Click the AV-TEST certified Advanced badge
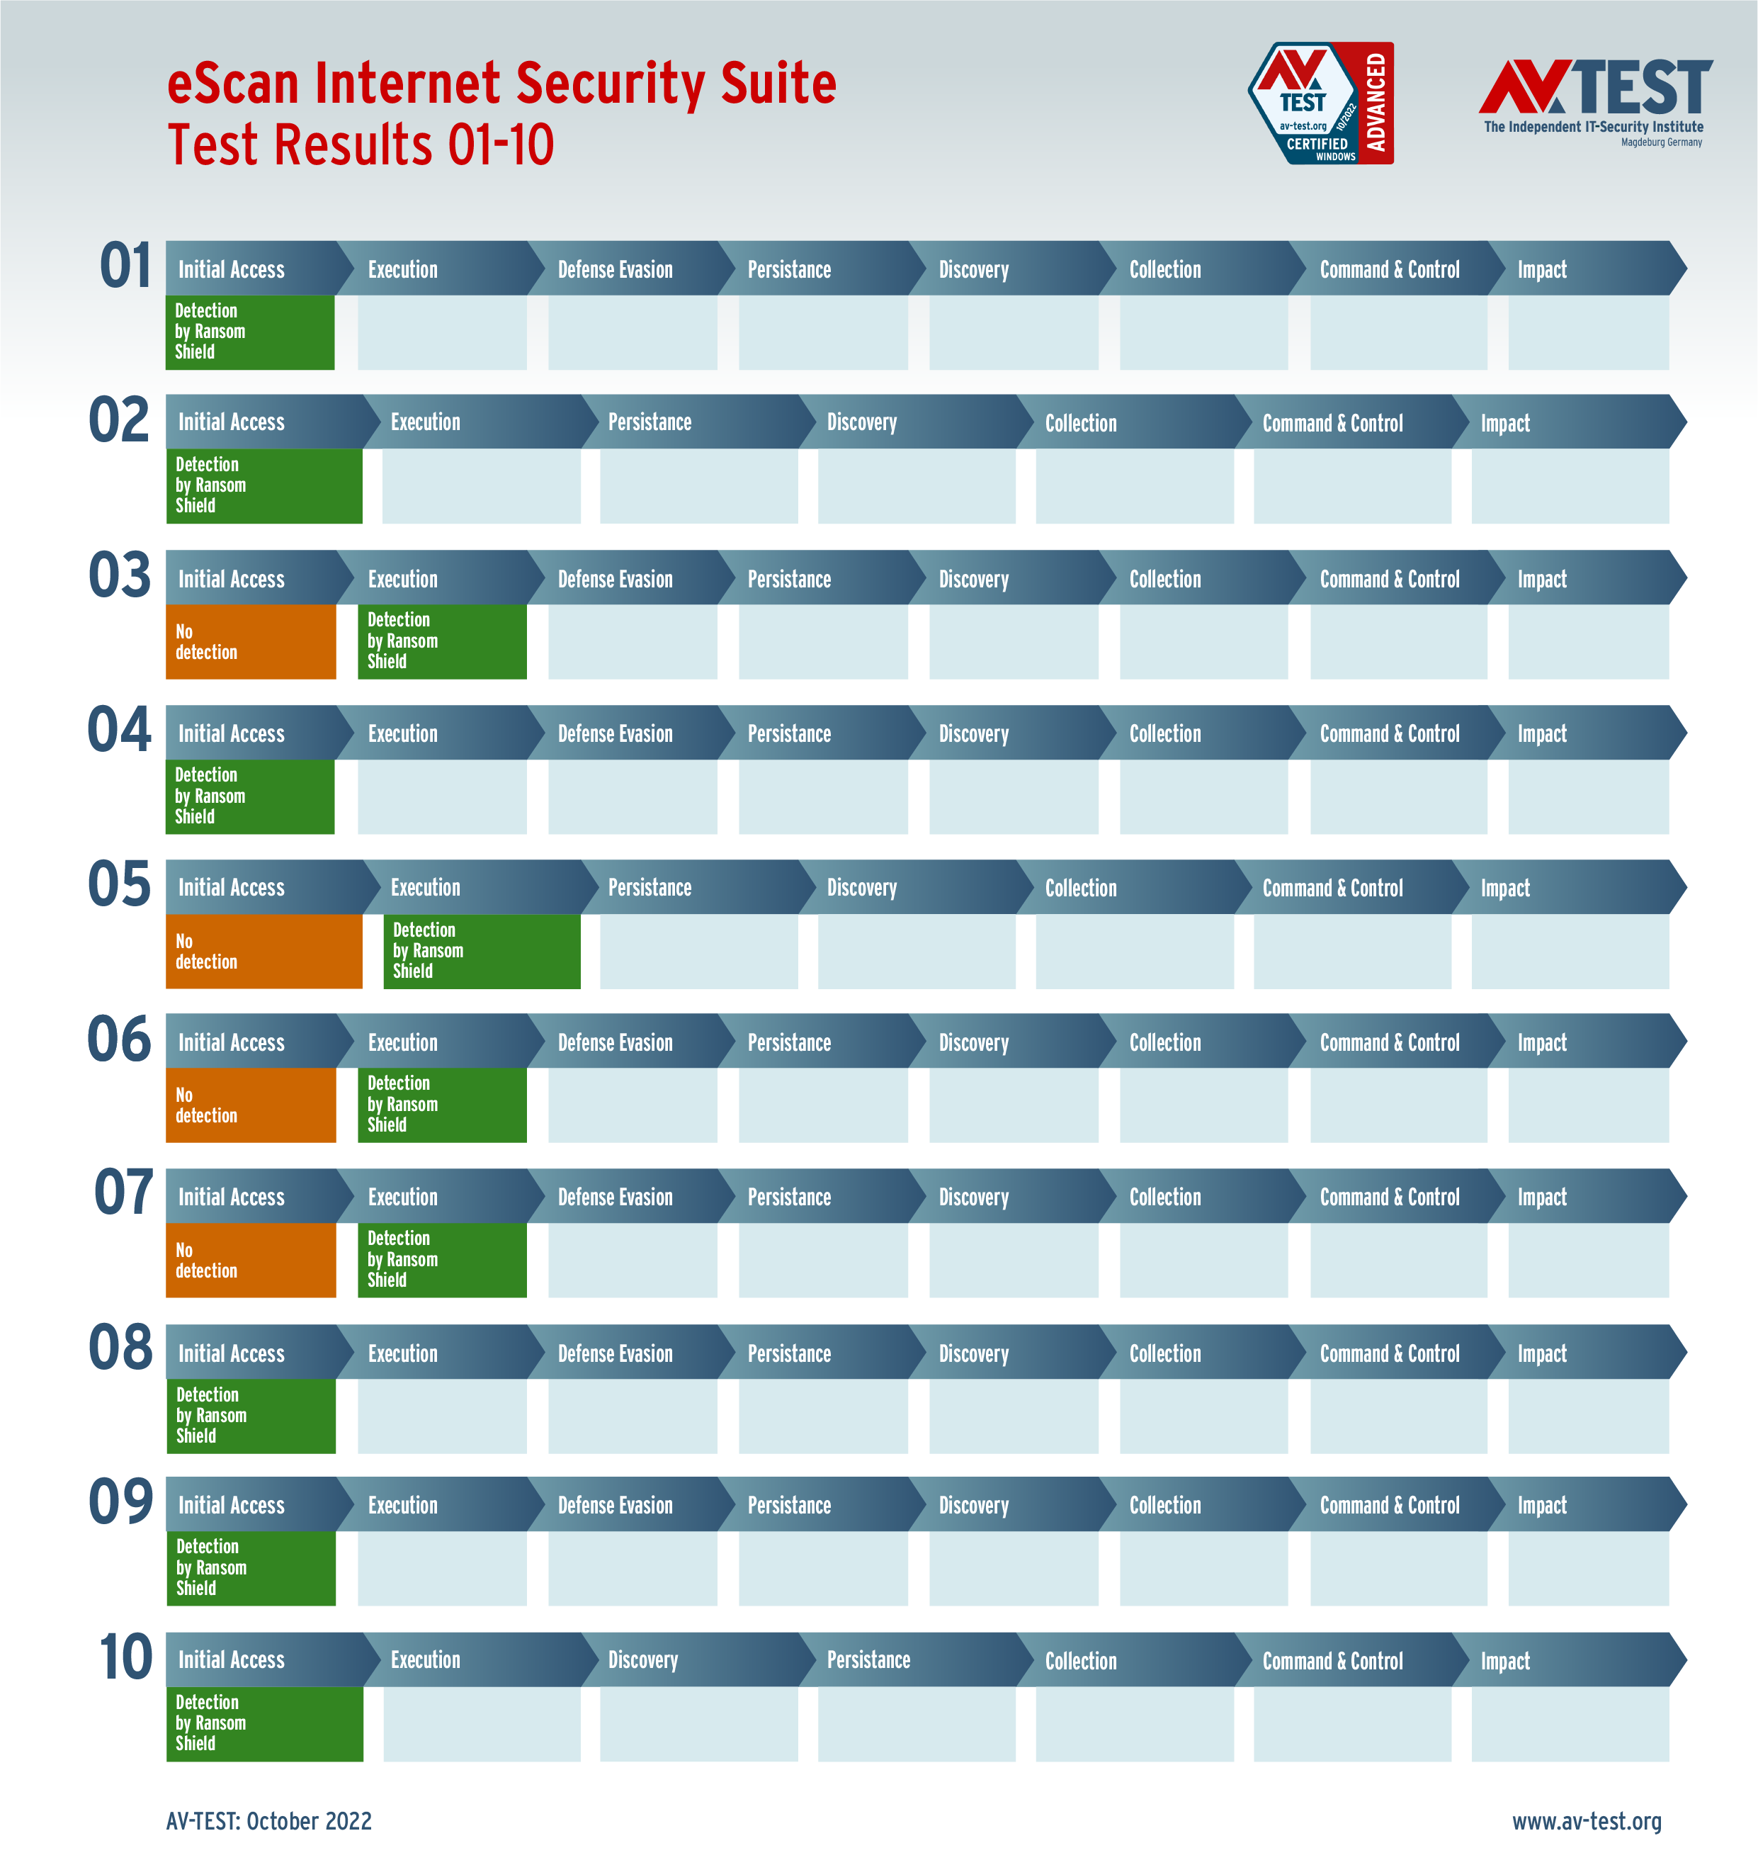pos(1321,103)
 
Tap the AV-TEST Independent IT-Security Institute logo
pos(1595,101)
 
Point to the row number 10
pos(125,1657)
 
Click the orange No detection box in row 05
pos(263,951)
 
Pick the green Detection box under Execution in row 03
pos(441,641)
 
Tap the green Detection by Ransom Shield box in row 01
pos(249,332)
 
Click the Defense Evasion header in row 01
pos(615,270)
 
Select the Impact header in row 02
pos(1505,423)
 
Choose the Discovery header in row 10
pos(643,1659)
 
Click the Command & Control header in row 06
pos(1389,1042)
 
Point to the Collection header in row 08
pos(1165,1353)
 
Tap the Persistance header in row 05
pos(650,887)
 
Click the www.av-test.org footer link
pos(1587,1820)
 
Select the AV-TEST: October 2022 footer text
pos(269,1820)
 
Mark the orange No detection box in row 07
pos(250,1260)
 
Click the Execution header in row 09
pos(403,1505)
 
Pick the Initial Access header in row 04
pos(232,733)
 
